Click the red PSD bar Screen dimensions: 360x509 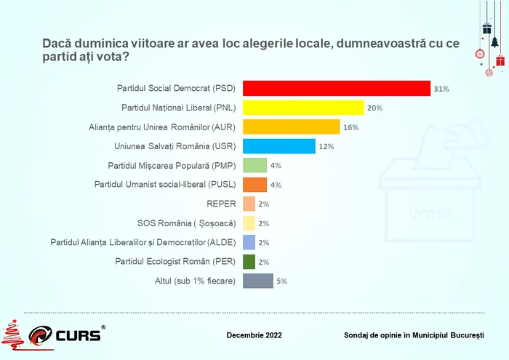[x=336, y=88]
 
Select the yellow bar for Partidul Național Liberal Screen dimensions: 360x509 [x=302, y=108]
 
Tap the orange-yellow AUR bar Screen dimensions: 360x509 [x=291, y=127]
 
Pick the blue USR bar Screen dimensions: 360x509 [x=278, y=146]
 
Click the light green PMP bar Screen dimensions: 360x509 [x=254, y=165]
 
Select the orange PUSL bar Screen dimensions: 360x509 [x=254, y=185]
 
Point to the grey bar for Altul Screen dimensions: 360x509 [x=257, y=281]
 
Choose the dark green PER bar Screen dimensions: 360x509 [x=249, y=262]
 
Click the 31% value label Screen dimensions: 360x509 [x=441, y=89]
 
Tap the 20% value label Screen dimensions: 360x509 [x=374, y=108]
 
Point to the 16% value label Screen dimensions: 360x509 [x=350, y=127]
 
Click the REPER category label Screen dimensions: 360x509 [x=222, y=204]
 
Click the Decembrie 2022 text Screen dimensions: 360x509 [x=254, y=335]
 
